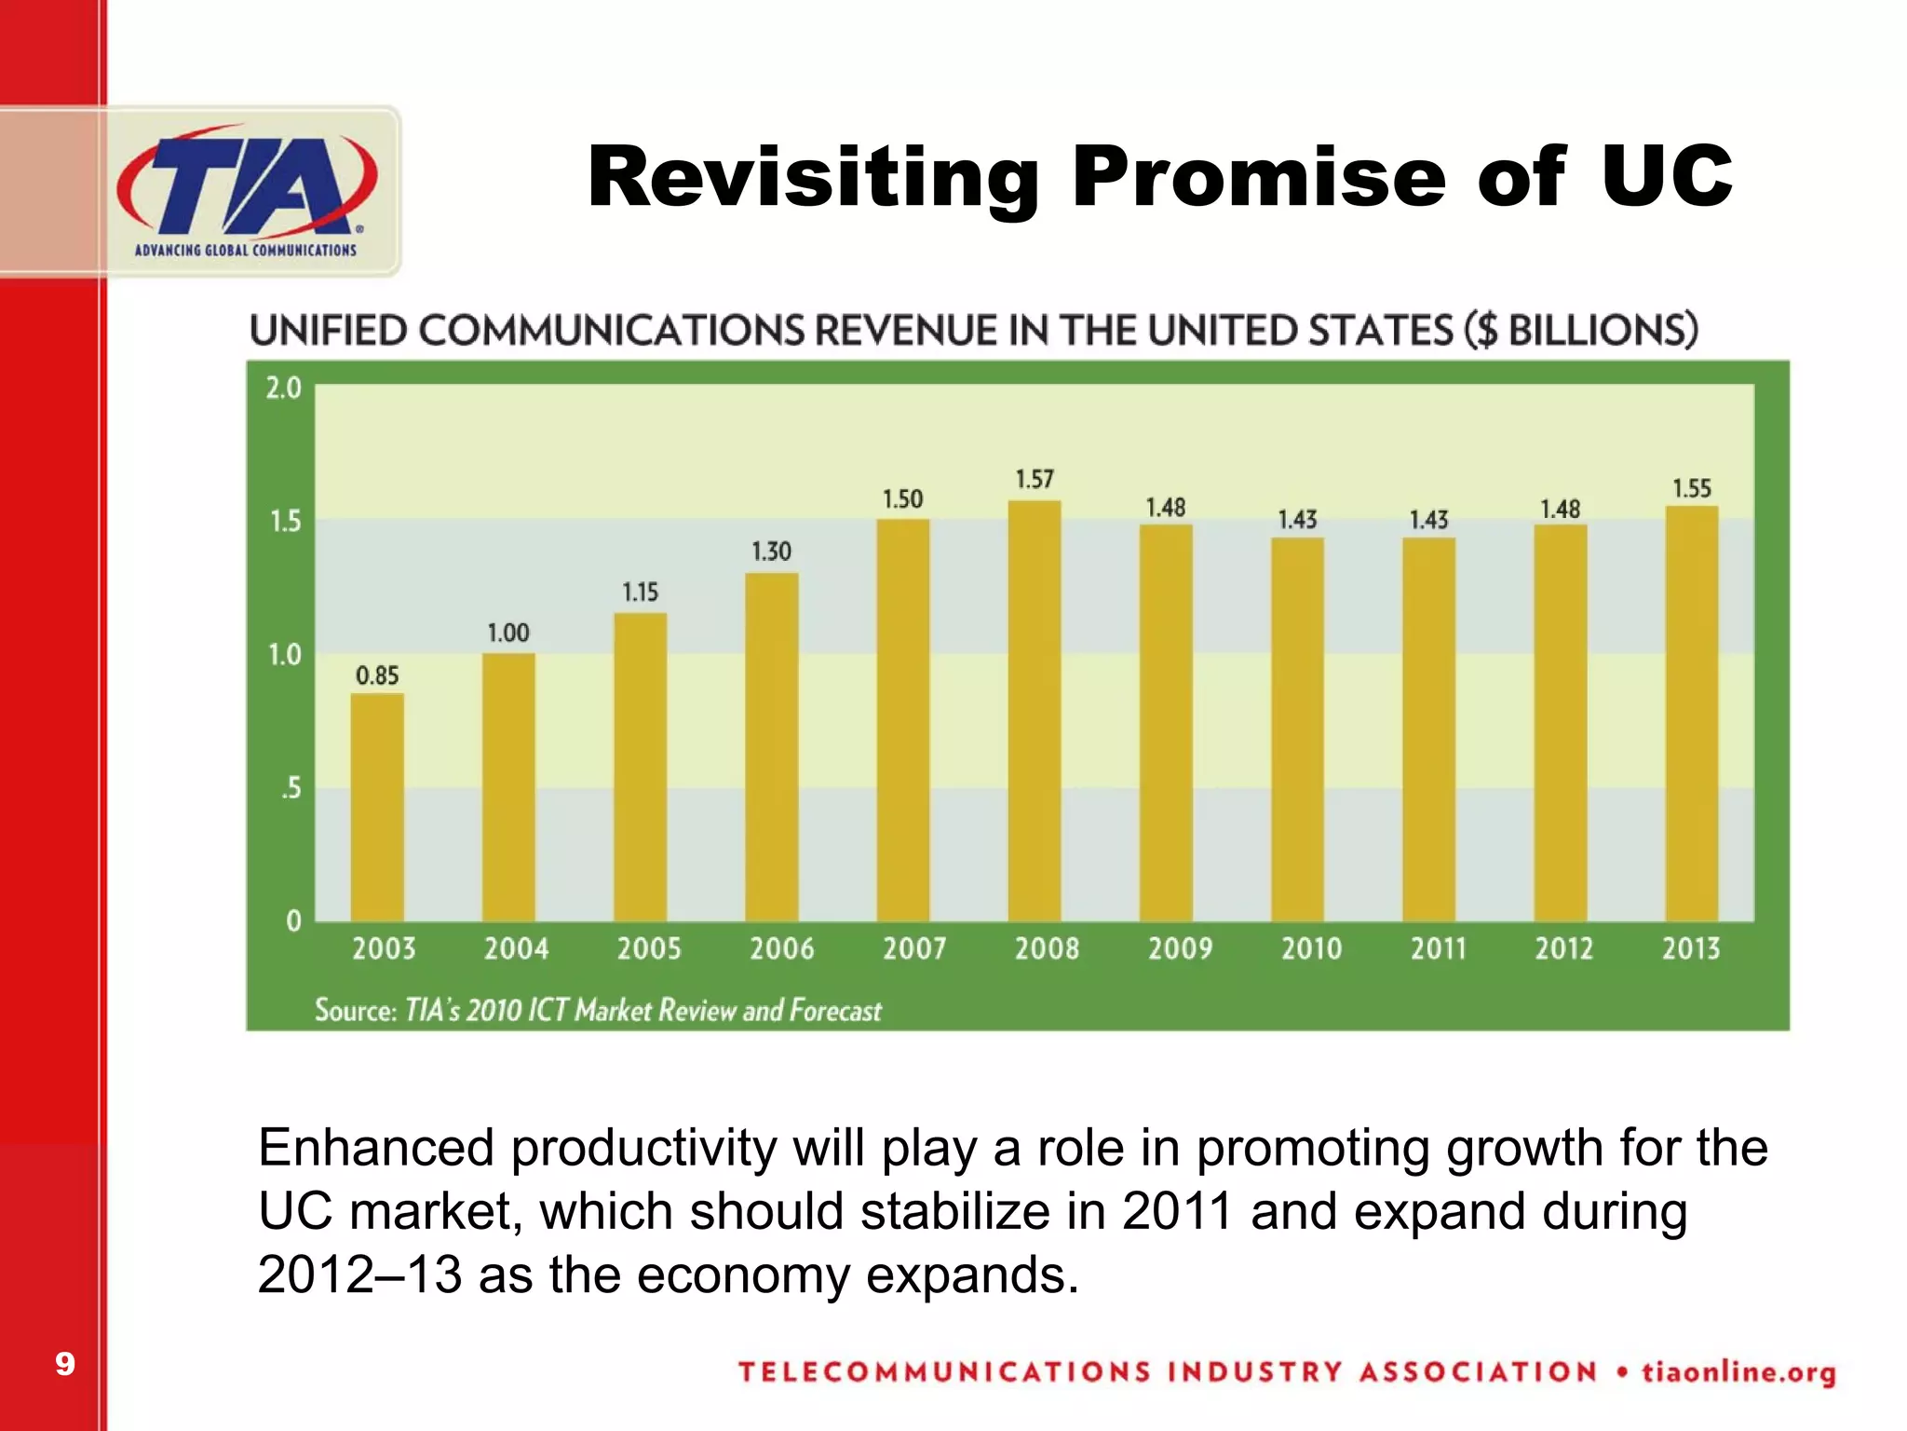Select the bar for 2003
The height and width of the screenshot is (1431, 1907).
(377, 807)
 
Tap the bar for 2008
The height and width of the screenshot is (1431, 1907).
(1035, 711)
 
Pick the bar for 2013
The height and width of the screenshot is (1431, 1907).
(1692, 714)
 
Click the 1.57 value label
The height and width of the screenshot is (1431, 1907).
(1035, 480)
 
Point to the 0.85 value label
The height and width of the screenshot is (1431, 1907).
(377, 675)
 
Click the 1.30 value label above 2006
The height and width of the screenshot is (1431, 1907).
(771, 552)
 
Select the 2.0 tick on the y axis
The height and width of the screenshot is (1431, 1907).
(284, 388)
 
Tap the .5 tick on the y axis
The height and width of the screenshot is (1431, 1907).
(291, 789)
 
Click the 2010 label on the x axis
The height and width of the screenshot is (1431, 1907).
(1311, 949)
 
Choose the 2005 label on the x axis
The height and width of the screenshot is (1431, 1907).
(649, 949)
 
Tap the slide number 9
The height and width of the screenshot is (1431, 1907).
(64, 1364)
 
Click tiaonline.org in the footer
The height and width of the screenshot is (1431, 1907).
(1738, 1372)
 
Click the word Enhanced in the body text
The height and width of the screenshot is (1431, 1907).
(375, 1148)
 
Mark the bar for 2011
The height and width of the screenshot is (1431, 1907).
(1428, 729)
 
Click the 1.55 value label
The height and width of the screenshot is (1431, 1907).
(1692, 489)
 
